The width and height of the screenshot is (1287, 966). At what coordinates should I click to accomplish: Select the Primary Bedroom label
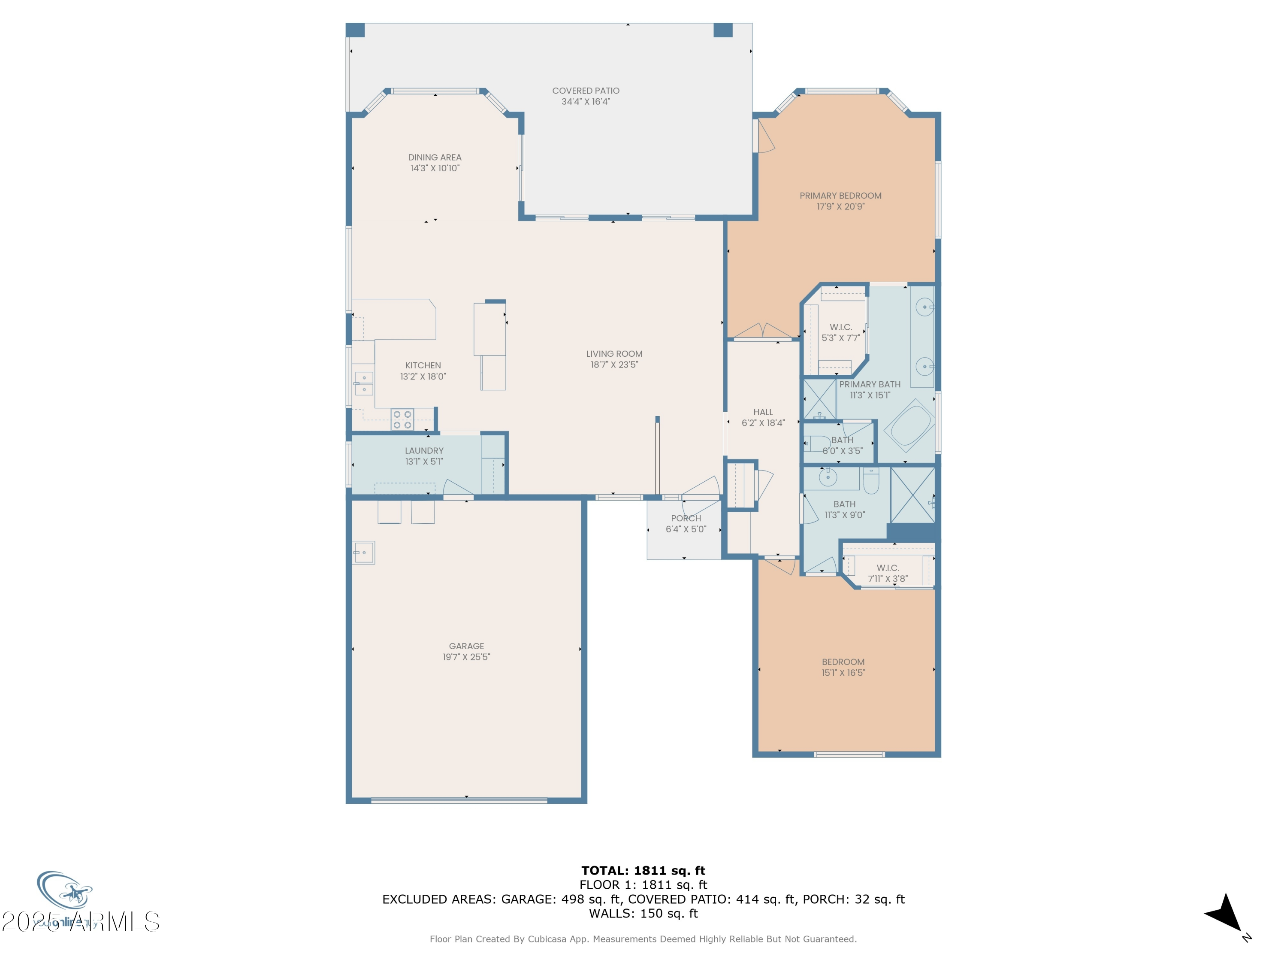[840, 196]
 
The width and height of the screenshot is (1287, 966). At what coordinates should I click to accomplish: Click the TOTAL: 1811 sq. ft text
[643, 871]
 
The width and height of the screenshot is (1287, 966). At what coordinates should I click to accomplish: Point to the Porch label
[686, 518]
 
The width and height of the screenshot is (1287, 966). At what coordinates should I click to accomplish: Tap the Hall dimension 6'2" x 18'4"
[763, 423]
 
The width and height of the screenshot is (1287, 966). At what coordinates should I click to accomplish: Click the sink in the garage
[364, 553]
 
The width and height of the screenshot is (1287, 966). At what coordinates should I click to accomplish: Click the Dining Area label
[435, 157]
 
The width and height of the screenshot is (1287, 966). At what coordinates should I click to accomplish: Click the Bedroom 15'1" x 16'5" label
[843, 662]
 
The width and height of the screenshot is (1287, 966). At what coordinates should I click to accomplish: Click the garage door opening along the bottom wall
[459, 801]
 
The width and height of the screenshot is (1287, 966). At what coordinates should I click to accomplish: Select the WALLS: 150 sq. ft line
[643, 914]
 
